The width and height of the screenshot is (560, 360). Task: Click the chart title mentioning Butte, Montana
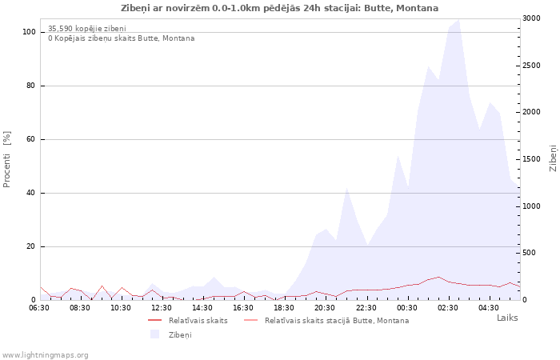[279, 8]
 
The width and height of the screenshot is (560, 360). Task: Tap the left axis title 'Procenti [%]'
[7, 159]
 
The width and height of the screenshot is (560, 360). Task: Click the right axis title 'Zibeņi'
[553, 158]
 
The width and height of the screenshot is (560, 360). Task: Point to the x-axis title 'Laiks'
[507, 318]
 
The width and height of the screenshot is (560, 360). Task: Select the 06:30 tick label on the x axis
[39, 307]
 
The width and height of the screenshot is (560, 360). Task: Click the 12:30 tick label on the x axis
[162, 307]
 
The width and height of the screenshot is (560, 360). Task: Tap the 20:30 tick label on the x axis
[325, 307]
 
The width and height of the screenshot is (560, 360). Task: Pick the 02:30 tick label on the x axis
[448, 307]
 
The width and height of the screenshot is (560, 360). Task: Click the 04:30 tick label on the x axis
[489, 307]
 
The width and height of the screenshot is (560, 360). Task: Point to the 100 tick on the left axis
[29, 32]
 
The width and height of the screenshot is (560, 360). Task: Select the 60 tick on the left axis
[30, 139]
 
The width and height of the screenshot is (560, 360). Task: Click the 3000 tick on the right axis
[530, 18]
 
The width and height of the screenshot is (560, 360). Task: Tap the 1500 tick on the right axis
[530, 159]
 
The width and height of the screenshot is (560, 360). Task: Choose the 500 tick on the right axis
[528, 253]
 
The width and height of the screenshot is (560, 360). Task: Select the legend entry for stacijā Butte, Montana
[336, 320]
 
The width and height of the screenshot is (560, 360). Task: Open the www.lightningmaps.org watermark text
[45, 354]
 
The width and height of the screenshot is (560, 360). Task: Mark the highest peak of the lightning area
[458, 20]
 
